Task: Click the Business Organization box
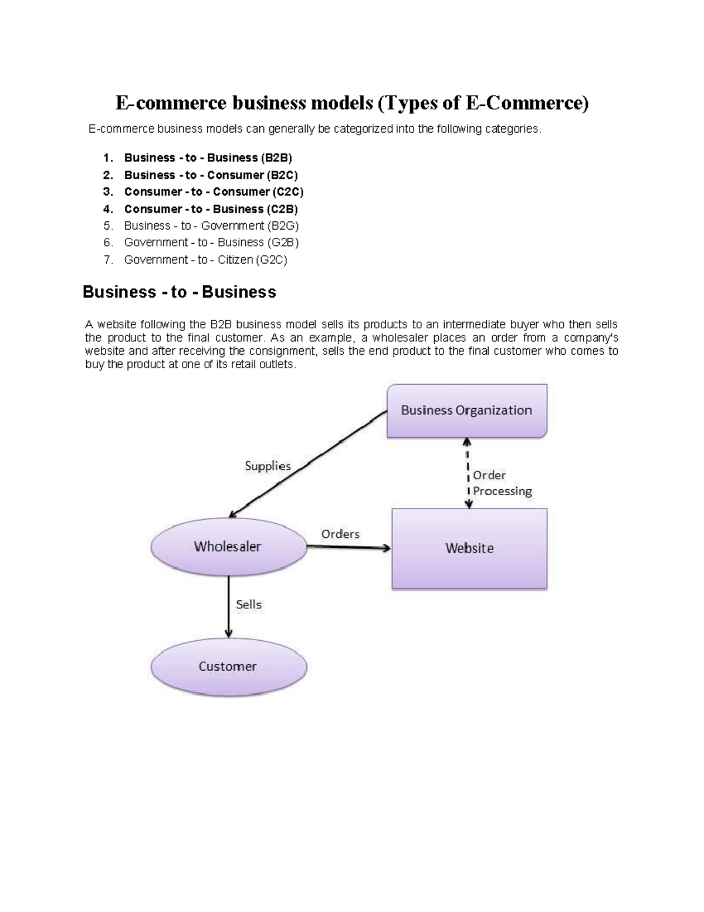466,410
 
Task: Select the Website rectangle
469,548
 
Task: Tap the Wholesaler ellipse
228,547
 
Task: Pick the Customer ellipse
228,667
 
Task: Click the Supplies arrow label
268,466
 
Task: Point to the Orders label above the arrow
340,534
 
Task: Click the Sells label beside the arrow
249,604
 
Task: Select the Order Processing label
502,483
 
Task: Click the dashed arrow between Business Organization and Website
468,473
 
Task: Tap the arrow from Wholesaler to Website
348,547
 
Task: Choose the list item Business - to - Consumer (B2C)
211,175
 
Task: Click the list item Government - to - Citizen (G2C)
205,260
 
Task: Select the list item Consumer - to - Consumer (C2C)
214,192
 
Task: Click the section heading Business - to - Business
179,292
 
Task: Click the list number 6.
107,243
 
